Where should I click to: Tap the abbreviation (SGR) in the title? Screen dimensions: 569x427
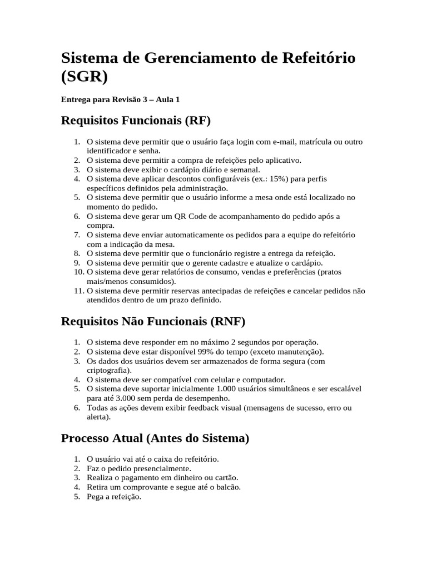tap(84, 77)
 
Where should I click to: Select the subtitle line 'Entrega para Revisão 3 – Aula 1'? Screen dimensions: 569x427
tap(120, 99)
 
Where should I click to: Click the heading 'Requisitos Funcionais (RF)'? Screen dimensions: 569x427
tap(136, 121)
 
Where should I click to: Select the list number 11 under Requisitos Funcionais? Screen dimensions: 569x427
tap(78, 291)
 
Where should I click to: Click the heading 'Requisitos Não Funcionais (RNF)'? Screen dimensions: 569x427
tap(153, 321)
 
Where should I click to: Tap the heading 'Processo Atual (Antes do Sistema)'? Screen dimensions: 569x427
tap(155, 438)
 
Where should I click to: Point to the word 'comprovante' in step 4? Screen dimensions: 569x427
tap(147, 487)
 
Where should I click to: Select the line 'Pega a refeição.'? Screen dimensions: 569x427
tap(114, 497)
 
